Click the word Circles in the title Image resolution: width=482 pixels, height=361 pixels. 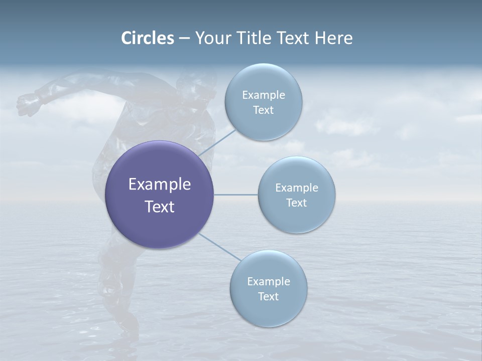(147, 38)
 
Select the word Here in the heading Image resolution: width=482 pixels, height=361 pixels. (333, 38)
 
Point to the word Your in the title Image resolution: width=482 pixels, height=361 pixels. (212, 38)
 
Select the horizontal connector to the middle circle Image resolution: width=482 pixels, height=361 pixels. (236, 195)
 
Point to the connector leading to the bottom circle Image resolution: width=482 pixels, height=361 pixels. (220, 246)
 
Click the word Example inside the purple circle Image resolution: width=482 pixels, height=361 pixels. (160, 185)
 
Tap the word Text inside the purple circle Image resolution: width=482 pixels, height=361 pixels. (160, 207)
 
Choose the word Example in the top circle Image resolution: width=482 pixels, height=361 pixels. (264, 95)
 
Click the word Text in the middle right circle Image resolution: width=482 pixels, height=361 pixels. (297, 203)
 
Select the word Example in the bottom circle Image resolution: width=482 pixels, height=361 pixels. (269, 281)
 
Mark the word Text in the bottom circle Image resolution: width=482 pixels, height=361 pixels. (269, 296)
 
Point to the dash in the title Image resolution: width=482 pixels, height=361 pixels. (184, 39)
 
